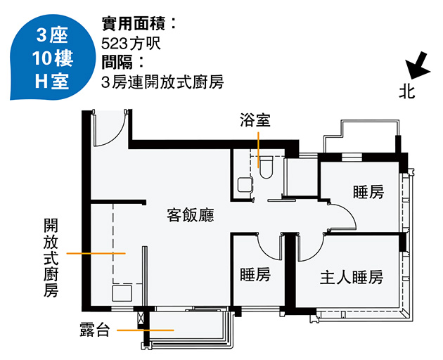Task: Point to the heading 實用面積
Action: (138, 23)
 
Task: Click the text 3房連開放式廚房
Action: (162, 82)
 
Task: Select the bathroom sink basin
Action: (244, 184)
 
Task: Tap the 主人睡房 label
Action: (352, 276)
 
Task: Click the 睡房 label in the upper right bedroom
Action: (368, 192)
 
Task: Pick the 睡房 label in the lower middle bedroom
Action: (255, 274)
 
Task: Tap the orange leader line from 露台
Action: (146, 330)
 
